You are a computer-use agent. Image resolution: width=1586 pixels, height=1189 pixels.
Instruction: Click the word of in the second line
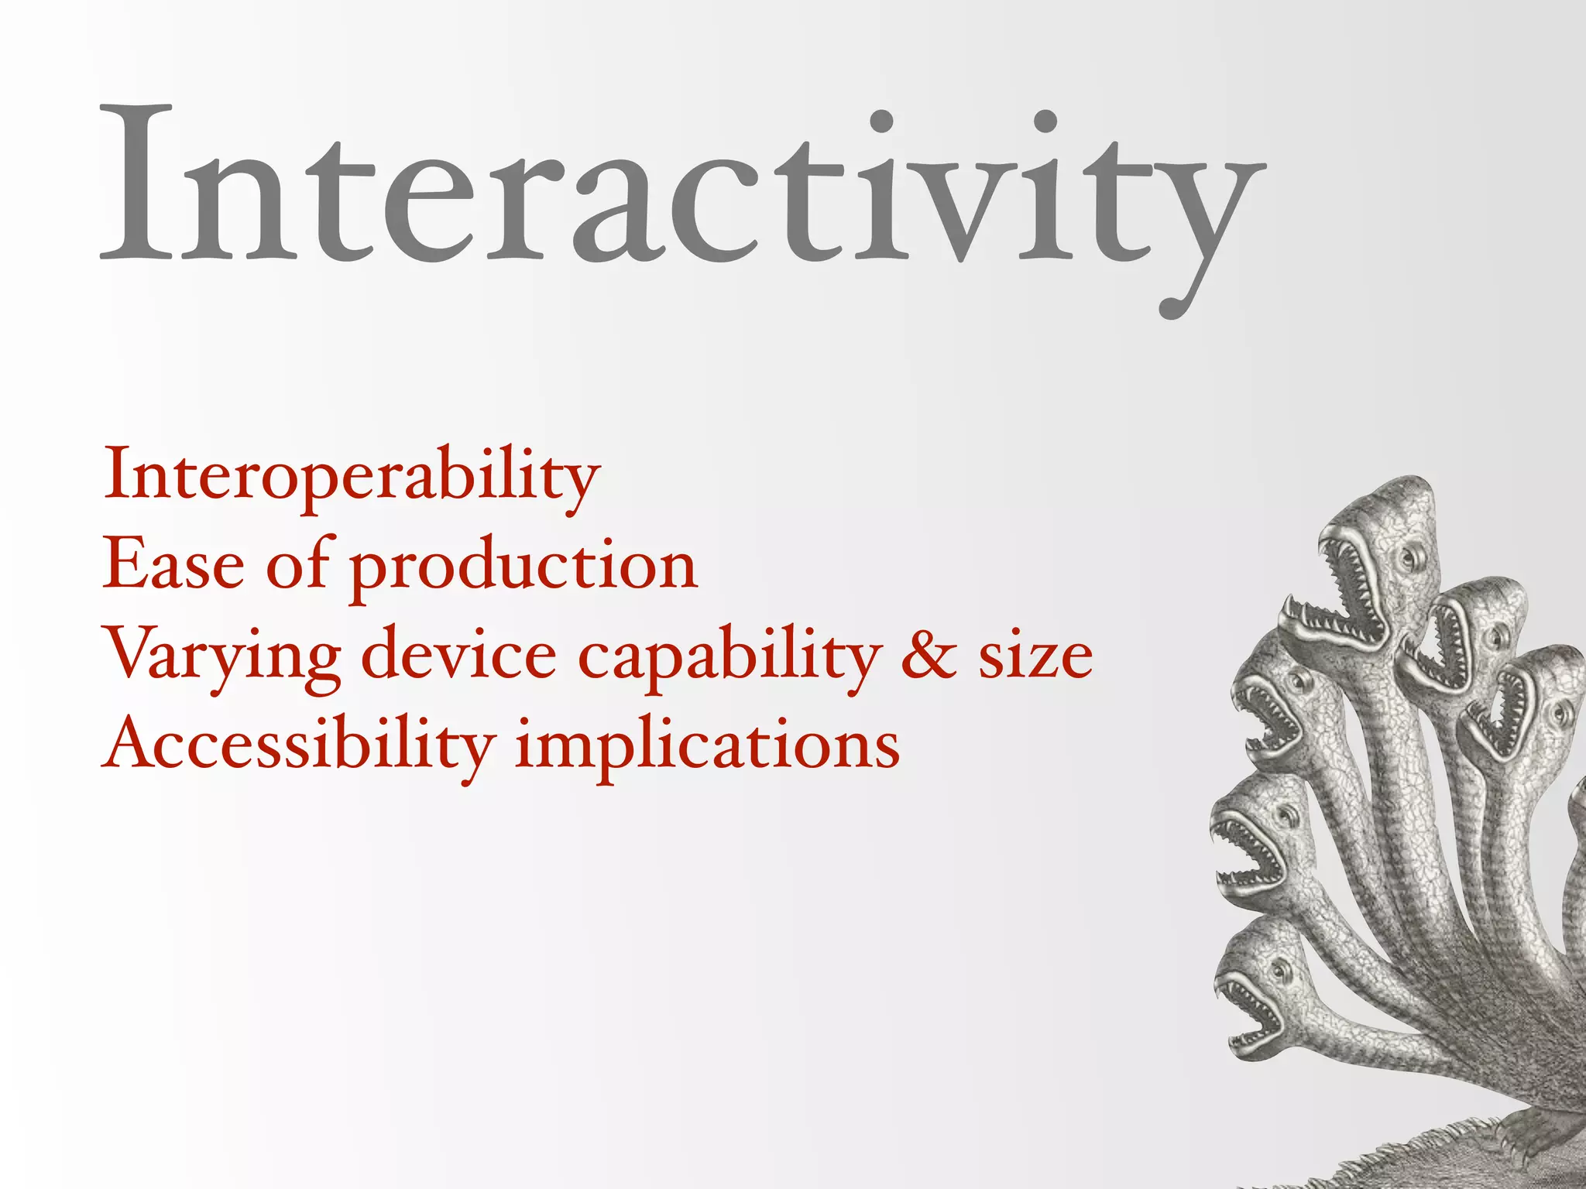tap(299, 564)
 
